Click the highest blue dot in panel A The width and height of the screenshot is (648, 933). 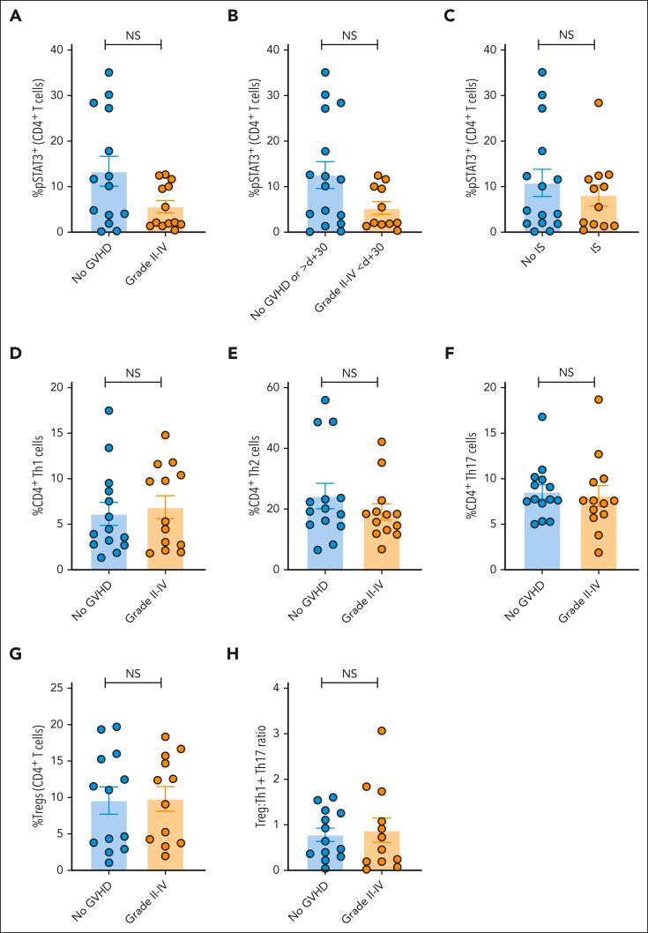pyautogui.click(x=109, y=73)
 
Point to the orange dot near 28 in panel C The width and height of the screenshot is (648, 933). pyautogui.click(x=597, y=103)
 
